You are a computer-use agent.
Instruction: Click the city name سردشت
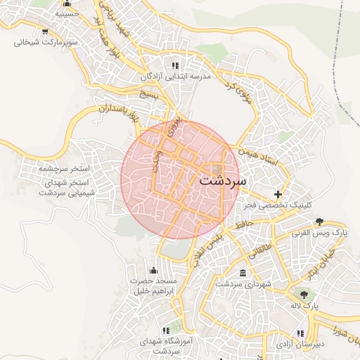(223, 179)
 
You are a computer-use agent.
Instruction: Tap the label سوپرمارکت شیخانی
(44, 42)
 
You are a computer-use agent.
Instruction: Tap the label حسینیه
(66, 13)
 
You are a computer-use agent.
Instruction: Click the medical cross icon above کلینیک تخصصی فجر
(278, 194)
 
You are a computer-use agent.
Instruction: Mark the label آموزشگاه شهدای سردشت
(166, 345)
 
